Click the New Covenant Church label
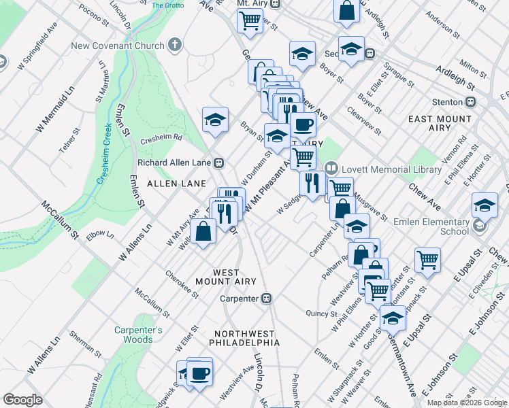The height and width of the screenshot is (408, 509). (x=118, y=46)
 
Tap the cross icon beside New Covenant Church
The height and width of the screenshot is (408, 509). (x=175, y=46)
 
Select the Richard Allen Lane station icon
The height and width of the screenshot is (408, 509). (x=219, y=163)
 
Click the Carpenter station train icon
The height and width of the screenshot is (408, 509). (x=267, y=299)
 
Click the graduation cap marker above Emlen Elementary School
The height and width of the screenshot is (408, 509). (x=485, y=204)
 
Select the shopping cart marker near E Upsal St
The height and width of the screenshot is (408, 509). (x=427, y=258)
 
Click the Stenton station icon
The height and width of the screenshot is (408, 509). (x=470, y=102)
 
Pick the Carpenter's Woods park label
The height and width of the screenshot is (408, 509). (x=138, y=335)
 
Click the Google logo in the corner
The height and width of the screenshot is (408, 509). (x=22, y=400)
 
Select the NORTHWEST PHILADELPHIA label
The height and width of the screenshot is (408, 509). (x=245, y=338)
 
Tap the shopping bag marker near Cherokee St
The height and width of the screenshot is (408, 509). (x=203, y=231)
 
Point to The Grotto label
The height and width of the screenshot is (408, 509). (x=167, y=5)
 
